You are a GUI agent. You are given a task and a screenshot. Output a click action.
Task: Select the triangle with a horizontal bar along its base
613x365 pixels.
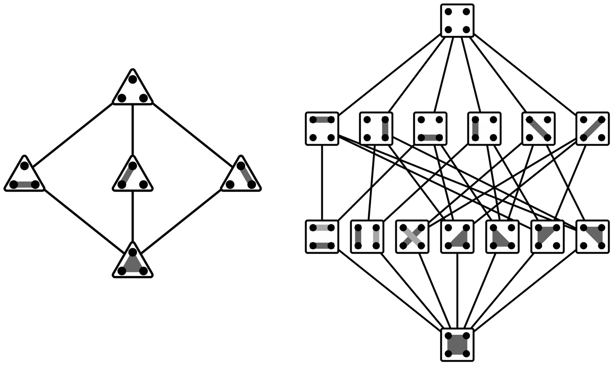coord(25,176)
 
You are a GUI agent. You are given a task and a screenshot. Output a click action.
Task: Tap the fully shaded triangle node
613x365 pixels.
coord(133,262)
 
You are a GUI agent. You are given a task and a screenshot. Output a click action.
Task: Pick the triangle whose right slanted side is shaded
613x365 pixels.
coord(241,176)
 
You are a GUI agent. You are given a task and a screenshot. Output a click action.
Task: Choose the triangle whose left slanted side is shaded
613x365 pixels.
coord(133,176)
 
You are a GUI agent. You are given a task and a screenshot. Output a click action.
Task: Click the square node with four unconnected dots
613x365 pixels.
coord(457,21)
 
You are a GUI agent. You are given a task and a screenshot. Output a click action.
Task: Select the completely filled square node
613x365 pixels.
coord(457,344)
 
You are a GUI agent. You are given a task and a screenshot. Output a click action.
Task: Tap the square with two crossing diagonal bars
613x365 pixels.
coord(412,236)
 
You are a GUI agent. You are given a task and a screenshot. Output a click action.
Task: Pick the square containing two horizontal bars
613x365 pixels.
coord(322,236)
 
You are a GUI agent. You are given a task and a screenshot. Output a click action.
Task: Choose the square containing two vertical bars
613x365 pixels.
coord(367,236)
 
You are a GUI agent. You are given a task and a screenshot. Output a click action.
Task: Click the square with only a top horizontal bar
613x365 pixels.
coord(322,129)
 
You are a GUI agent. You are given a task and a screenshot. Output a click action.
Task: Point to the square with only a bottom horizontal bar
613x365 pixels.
coord(430,129)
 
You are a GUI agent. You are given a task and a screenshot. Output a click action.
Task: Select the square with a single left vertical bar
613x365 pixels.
coord(484,129)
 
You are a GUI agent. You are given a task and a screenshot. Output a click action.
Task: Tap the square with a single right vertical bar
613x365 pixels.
coord(376,129)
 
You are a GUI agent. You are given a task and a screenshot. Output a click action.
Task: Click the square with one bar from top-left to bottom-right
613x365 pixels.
coord(538,129)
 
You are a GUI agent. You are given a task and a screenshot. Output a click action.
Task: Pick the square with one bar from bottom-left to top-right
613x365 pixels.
coord(592,129)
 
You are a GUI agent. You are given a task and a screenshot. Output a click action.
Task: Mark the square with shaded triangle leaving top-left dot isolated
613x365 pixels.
coord(457,236)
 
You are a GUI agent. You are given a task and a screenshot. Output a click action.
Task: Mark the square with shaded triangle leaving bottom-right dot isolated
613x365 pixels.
coord(547,236)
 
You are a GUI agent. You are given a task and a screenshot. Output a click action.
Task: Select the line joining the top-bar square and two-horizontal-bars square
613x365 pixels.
coord(322,182)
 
